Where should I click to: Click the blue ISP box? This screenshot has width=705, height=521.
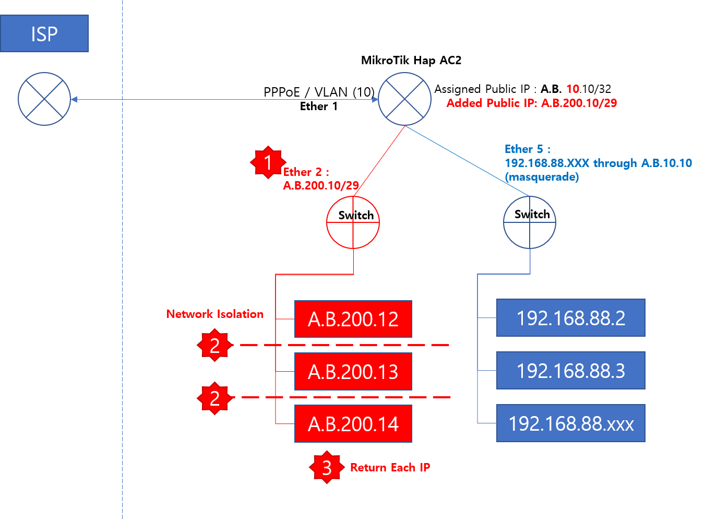pyautogui.click(x=44, y=33)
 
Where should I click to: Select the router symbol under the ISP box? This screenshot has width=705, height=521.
pyautogui.click(x=44, y=99)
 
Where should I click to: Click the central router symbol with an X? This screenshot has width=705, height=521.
pyautogui.click(x=404, y=99)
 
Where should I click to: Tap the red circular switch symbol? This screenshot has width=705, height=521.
pyautogui.click(x=353, y=222)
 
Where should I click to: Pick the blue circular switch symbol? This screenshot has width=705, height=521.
pyautogui.click(x=530, y=222)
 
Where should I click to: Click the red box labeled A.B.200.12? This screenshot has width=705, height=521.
pyautogui.click(x=353, y=319)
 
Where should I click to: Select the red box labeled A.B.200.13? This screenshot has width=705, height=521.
pyautogui.click(x=353, y=372)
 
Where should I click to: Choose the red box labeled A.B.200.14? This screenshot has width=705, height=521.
pyautogui.click(x=353, y=424)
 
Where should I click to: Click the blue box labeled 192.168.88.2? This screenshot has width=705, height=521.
pyautogui.click(x=571, y=318)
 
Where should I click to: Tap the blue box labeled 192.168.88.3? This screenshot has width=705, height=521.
pyautogui.click(x=571, y=371)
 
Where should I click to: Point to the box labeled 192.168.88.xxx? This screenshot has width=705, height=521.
pyautogui.click(x=571, y=423)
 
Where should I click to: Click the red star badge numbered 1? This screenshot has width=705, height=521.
pyautogui.click(x=268, y=162)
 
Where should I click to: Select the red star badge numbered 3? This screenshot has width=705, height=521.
pyautogui.click(x=327, y=467)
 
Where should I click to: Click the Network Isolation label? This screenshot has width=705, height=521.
pyautogui.click(x=214, y=314)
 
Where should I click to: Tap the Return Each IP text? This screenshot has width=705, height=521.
pyautogui.click(x=390, y=467)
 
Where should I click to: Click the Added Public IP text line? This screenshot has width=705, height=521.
pyautogui.click(x=531, y=103)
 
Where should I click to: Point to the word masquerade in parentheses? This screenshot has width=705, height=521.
pyautogui.click(x=543, y=177)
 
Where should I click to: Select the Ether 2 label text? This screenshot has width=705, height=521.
pyautogui.click(x=306, y=172)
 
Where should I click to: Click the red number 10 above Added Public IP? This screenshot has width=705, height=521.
pyautogui.click(x=572, y=89)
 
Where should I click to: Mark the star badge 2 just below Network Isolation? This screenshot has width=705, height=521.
pyautogui.click(x=214, y=345)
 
